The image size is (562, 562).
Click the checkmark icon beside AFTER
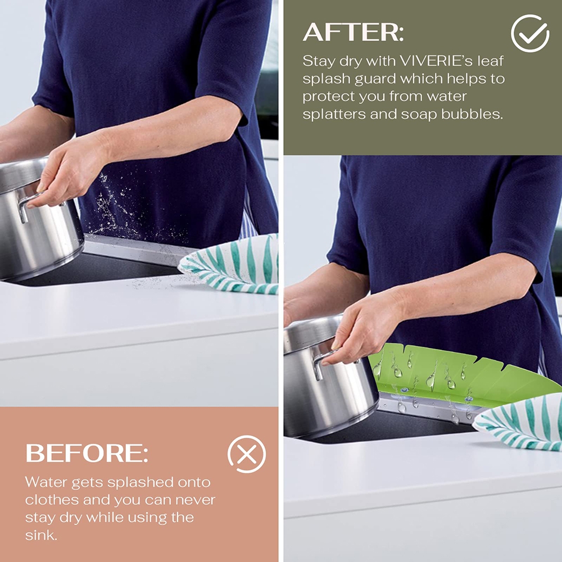pos(530,33)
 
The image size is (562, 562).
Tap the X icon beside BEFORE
pos(247,454)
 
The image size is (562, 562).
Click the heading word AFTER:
pos(353,32)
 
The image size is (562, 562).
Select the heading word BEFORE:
pos(87,453)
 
